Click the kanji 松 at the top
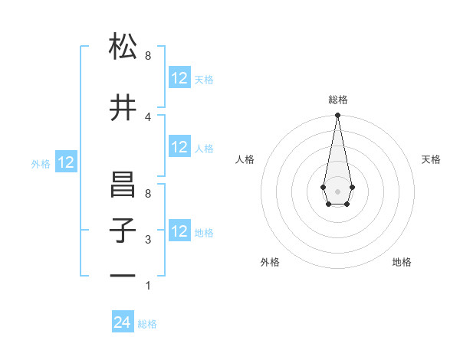pos(123,47)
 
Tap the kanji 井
pos(123,108)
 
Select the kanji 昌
pos(123,185)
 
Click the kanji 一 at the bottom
pos(123,276)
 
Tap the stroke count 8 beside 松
pos(148,56)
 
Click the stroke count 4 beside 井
pos(148,116)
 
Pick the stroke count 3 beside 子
pos(148,240)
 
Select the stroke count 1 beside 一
pos(148,286)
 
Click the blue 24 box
pos(123,323)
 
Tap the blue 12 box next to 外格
pos(66,162)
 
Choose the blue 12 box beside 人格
pos(179,148)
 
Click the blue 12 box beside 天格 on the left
pos(179,78)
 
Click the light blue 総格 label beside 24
pos(147,324)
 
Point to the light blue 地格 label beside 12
pos(204,233)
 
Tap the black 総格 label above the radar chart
pos(337,100)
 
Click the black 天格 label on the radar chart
pos(431,159)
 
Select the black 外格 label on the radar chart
pos(270,262)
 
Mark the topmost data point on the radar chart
pos(337,116)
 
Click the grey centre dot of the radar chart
pos(337,191)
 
